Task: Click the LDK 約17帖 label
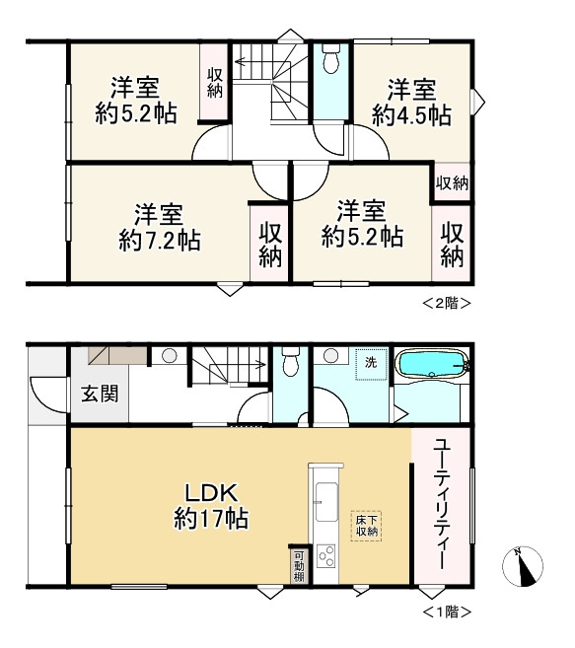click(x=211, y=506)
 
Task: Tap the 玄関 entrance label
click(x=100, y=393)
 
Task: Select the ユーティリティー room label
click(x=441, y=505)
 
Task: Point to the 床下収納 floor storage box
click(x=366, y=526)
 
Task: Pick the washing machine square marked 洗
click(x=371, y=364)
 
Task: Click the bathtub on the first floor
click(x=432, y=364)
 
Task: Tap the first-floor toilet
click(x=291, y=361)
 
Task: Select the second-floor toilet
click(x=330, y=58)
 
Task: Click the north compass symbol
click(x=523, y=566)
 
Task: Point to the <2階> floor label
click(x=447, y=303)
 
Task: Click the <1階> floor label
click(x=447, y=612)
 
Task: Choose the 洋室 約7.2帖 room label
click(x=159, y=227)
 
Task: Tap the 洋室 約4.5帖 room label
click(x=411, y=103)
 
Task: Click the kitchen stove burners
click(x=326, y=556)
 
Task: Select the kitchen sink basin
click(x=326, y=502)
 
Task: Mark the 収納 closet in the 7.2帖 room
click(x=270, y=245)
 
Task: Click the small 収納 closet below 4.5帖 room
click(x=453, y=182)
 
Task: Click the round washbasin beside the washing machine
click(x=331, y=355)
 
